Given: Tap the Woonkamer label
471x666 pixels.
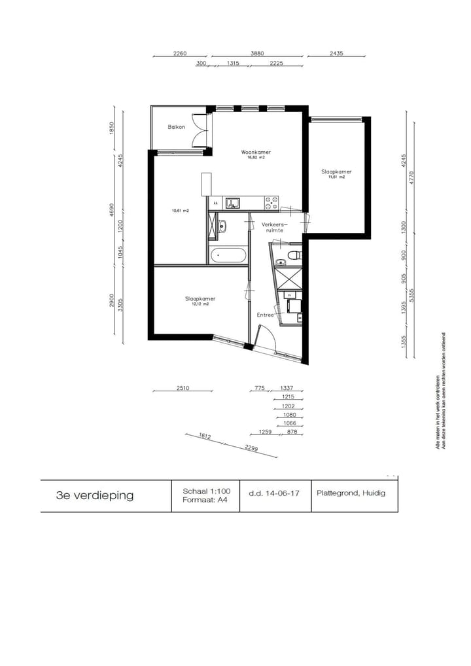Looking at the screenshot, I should [256, 152].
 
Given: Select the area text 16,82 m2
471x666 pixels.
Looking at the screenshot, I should [256, 158].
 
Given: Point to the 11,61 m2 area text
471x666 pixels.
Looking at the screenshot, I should [336, 177].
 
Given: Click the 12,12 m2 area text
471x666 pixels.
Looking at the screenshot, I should [200, 304].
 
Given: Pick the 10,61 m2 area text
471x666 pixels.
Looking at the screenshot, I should [180, 211].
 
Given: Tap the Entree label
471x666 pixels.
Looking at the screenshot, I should [265, 315].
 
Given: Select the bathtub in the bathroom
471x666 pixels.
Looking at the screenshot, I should [228, 254].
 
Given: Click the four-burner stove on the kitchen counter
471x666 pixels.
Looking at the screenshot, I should [271, 203].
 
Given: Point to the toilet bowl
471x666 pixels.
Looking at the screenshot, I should [294, 252].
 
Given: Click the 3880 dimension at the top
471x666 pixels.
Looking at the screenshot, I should [257, 54].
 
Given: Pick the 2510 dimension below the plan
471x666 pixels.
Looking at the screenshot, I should [183, 388].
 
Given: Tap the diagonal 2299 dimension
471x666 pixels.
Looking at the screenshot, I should [251, 448].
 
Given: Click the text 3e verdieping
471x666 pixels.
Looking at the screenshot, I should [95, 495].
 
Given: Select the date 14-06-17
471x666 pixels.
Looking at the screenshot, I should [274, 493].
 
